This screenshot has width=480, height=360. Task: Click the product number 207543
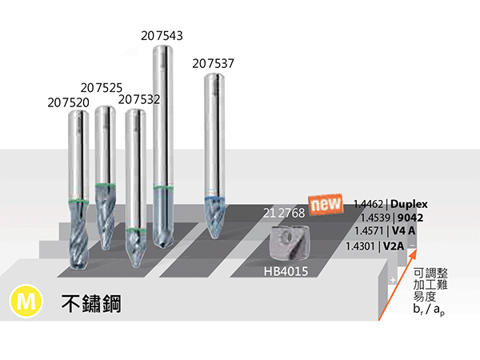162,36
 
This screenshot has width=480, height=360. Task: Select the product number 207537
213,64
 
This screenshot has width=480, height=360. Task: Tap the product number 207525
102,88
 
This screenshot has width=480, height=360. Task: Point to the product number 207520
68,102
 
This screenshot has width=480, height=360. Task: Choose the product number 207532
139,99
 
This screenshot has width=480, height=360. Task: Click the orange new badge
326,204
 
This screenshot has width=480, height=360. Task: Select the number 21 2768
284,213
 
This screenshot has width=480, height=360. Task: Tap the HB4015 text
286,271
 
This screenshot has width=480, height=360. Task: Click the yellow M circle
26,301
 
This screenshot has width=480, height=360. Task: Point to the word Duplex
409,204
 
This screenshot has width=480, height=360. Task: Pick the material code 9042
410,218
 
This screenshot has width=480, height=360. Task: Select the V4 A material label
404,230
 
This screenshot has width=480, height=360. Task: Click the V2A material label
394,246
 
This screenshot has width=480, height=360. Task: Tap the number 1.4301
360,246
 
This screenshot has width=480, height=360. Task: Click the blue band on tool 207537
215,198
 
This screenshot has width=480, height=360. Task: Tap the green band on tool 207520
78,202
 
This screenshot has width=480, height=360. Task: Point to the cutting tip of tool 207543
163,244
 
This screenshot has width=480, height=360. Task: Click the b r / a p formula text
429,310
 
